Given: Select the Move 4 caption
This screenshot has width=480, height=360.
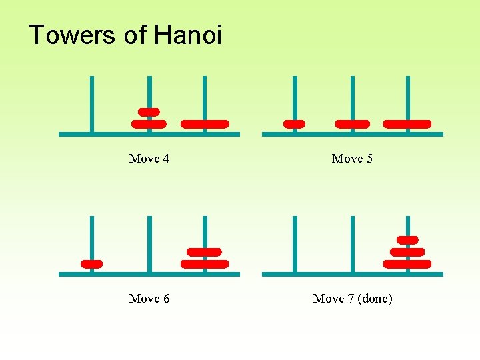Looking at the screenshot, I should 149,159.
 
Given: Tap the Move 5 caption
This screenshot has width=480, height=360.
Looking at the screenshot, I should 352,159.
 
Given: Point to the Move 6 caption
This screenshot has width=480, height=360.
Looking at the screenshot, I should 149,299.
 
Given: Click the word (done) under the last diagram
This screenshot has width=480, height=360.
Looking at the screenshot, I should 375,299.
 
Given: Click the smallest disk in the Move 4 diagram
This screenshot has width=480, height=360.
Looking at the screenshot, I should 149,112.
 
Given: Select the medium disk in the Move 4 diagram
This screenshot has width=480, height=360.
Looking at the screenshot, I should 149,124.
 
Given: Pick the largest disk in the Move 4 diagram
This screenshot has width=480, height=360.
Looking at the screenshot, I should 205,124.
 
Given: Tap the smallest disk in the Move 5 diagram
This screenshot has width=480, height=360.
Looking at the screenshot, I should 294,124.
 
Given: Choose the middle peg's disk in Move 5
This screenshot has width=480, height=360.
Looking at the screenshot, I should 352,124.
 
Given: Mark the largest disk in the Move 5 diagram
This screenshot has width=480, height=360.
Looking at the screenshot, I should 407,124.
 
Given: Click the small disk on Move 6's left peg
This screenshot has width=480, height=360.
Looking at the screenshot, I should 91,264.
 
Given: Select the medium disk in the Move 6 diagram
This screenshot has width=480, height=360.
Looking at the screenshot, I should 205,252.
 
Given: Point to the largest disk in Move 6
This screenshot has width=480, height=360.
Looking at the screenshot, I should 205,264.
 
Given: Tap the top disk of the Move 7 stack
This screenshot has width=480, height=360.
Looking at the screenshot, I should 407,240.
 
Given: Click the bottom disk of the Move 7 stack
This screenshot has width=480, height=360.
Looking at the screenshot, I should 407,264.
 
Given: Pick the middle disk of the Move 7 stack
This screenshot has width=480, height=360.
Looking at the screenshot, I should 407,252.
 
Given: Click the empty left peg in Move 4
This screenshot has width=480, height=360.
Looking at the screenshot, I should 92,100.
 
